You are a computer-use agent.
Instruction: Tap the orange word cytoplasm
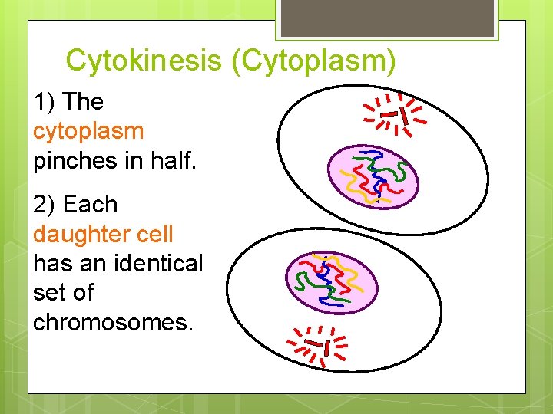click(x=88, y=131)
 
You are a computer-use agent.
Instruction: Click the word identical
click(x=154, y=263)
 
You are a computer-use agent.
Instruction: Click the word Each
click(x=91, y=205)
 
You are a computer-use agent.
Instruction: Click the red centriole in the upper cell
click(x=395, y=115)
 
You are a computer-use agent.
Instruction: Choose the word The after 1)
click(x=84, y=102)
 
